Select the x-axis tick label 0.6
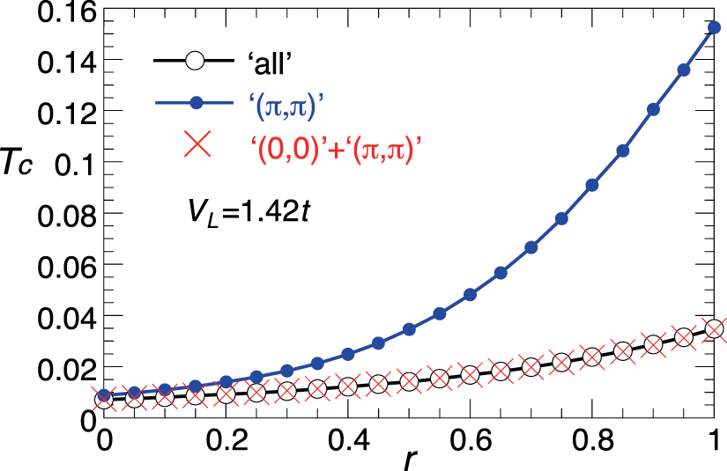click(470, 440)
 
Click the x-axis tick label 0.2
click(225, 440)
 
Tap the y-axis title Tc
click(23, 165)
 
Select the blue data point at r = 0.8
click(592, 186)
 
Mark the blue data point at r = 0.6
click(470, 295)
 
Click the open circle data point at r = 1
click(715, 329)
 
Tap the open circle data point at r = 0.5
click(409, 381)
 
